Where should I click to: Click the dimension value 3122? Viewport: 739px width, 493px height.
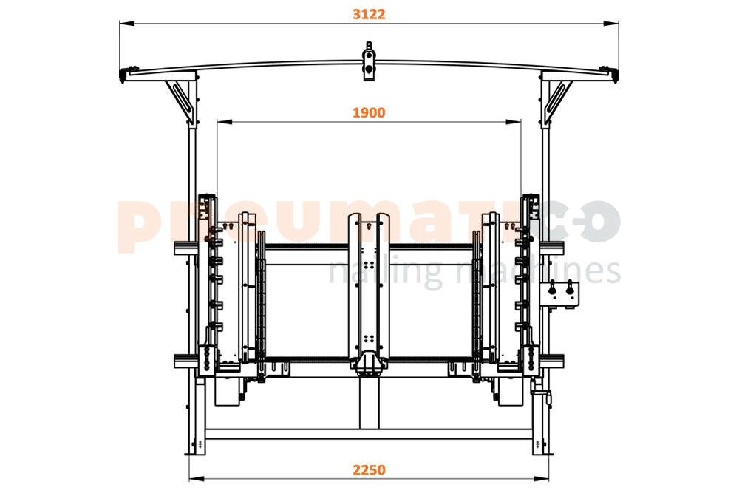coord(369,14)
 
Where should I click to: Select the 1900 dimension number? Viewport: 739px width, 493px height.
coord(369,112)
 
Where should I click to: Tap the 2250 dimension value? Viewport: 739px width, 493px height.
coord(369,470)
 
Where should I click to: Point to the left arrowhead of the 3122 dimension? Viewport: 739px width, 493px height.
coord(127,23)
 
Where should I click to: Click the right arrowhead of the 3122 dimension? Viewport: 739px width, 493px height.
coord(611,23)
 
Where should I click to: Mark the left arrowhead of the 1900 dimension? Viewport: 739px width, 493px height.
coord(225,122)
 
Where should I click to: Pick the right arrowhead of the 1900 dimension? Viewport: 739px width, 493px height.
coord(514,122)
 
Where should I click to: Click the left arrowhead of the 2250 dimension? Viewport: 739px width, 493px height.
coord(197,479)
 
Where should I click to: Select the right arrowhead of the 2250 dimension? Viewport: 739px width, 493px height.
coord(541,479)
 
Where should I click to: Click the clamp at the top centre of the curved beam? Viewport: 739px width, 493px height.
coord(369,61)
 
